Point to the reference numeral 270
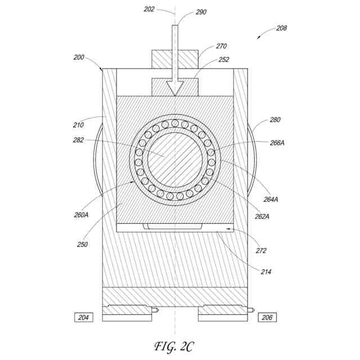coord(222,46)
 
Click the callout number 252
coord(223,59)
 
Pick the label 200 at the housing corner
coord(79,57)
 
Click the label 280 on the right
coord(274,120)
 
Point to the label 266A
coord(277,143)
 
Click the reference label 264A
coord(271,199)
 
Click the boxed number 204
coord(83,317)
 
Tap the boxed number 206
coord(267,317)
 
